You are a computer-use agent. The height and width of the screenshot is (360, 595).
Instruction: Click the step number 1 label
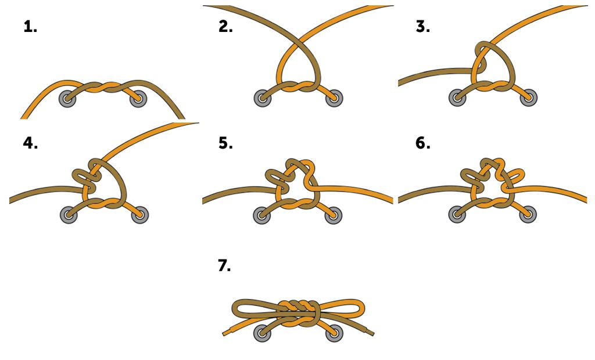30,27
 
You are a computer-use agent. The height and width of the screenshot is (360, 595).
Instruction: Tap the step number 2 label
225,27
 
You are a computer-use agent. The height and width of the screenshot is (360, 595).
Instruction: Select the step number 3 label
423,27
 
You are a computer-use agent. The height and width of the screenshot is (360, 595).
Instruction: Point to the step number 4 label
30,143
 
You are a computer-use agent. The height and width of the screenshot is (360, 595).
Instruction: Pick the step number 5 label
225,143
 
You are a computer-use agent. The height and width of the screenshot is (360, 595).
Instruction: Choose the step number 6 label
423,143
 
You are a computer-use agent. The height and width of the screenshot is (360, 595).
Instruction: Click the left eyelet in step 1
67,99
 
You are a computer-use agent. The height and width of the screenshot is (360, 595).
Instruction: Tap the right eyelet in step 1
138,99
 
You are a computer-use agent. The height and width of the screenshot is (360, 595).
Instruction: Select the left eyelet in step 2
263,98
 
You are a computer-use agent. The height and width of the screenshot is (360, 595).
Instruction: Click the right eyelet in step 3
529,98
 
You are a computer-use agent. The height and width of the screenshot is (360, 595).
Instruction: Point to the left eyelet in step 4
69,215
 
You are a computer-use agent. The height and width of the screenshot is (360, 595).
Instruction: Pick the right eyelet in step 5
334,215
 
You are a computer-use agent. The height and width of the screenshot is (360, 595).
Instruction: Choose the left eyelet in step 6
457,214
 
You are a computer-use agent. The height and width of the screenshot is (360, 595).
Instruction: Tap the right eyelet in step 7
334,333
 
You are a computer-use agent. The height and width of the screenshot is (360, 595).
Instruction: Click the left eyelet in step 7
263,333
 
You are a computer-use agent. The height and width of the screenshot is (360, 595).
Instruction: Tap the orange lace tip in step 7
225,333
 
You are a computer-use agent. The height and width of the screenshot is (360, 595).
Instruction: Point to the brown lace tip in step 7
371,333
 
